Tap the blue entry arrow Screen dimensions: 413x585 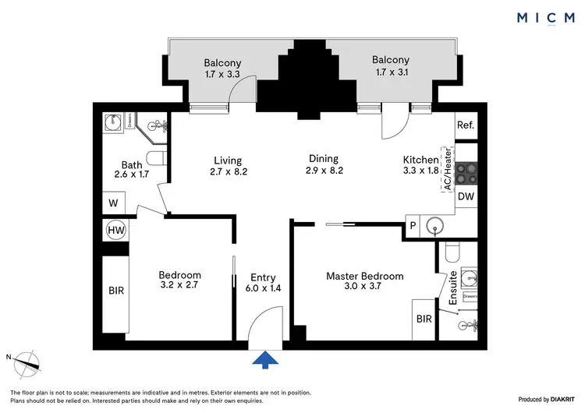[266, 358]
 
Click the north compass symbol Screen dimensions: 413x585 [29, 361]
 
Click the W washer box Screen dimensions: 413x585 [112, 203]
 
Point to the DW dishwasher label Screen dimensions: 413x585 [465, 197]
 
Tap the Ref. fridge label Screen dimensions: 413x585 [466, 125]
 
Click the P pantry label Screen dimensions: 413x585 [413, 226]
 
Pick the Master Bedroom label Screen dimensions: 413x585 [364, 276]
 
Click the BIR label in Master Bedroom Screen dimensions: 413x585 [424, 319]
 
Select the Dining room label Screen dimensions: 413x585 [323, 160]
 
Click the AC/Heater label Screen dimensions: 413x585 [448, 168]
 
